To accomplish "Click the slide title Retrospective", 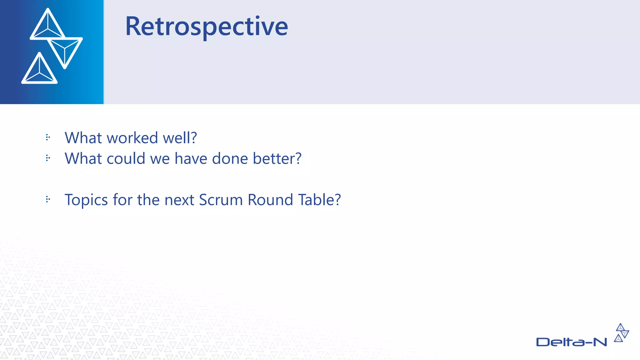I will pyautogui.click(x=206, y=27).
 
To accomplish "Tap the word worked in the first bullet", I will pyautogui.click(x=132, y=138).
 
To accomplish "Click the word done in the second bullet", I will pyautogui.click(x=230, y=158).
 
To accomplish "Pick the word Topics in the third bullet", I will pyautogui.click(x=86, y=200).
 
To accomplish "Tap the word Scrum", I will pyautogui.click(x=221, y=200).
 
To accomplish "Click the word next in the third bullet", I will pyautogui.click(x=179, y=200).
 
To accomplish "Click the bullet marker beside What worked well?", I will pyautogui.click(x=48, y=137).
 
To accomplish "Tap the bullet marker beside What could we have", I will pyautogui.click(x=48, y=158).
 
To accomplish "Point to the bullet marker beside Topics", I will pyautogui.click(x=48, y=199).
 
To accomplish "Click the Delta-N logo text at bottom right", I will pyautogui.click(x=571, y=342).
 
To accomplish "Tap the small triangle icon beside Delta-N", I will pyautogui.click(x=621, y=333).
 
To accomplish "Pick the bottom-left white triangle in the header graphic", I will pyautogui.click(x=39, y=70).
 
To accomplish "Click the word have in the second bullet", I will pyautogui.click(x=191, y=158).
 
